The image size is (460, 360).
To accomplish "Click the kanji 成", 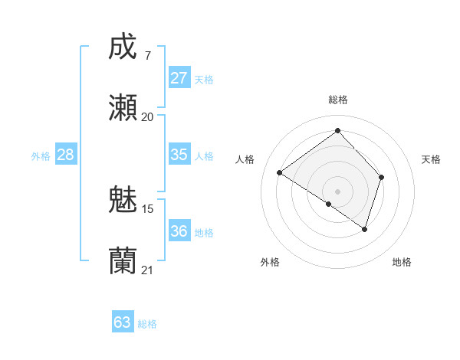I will click(123, 47).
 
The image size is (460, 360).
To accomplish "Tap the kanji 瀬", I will click(123, 108).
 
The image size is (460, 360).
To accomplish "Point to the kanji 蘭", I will click(123, 261).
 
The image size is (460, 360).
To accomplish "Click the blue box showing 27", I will click(179, 78).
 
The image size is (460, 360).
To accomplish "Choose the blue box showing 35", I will click(179, 155).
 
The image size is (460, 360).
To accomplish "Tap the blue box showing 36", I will click(179, 231).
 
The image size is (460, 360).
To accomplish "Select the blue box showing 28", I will click(66, 155).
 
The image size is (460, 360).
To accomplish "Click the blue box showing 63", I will click(123, 322).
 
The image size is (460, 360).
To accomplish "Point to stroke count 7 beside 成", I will click(147, 55).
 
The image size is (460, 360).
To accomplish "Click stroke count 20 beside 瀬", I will click(147, 117).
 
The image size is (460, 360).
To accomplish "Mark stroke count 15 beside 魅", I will click(147, 208).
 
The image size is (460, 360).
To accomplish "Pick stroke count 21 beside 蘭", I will click(147, 270).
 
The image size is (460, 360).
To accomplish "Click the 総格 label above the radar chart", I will click(337, 100).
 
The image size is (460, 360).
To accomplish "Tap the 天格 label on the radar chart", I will click(431, 159).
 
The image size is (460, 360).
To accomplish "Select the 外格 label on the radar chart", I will click(270, 263).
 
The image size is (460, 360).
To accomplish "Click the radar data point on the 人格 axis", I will click(280, 173).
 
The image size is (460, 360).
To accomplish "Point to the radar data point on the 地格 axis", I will click(365, 229).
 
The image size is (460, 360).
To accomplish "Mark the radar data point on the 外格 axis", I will click(329, 204).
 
